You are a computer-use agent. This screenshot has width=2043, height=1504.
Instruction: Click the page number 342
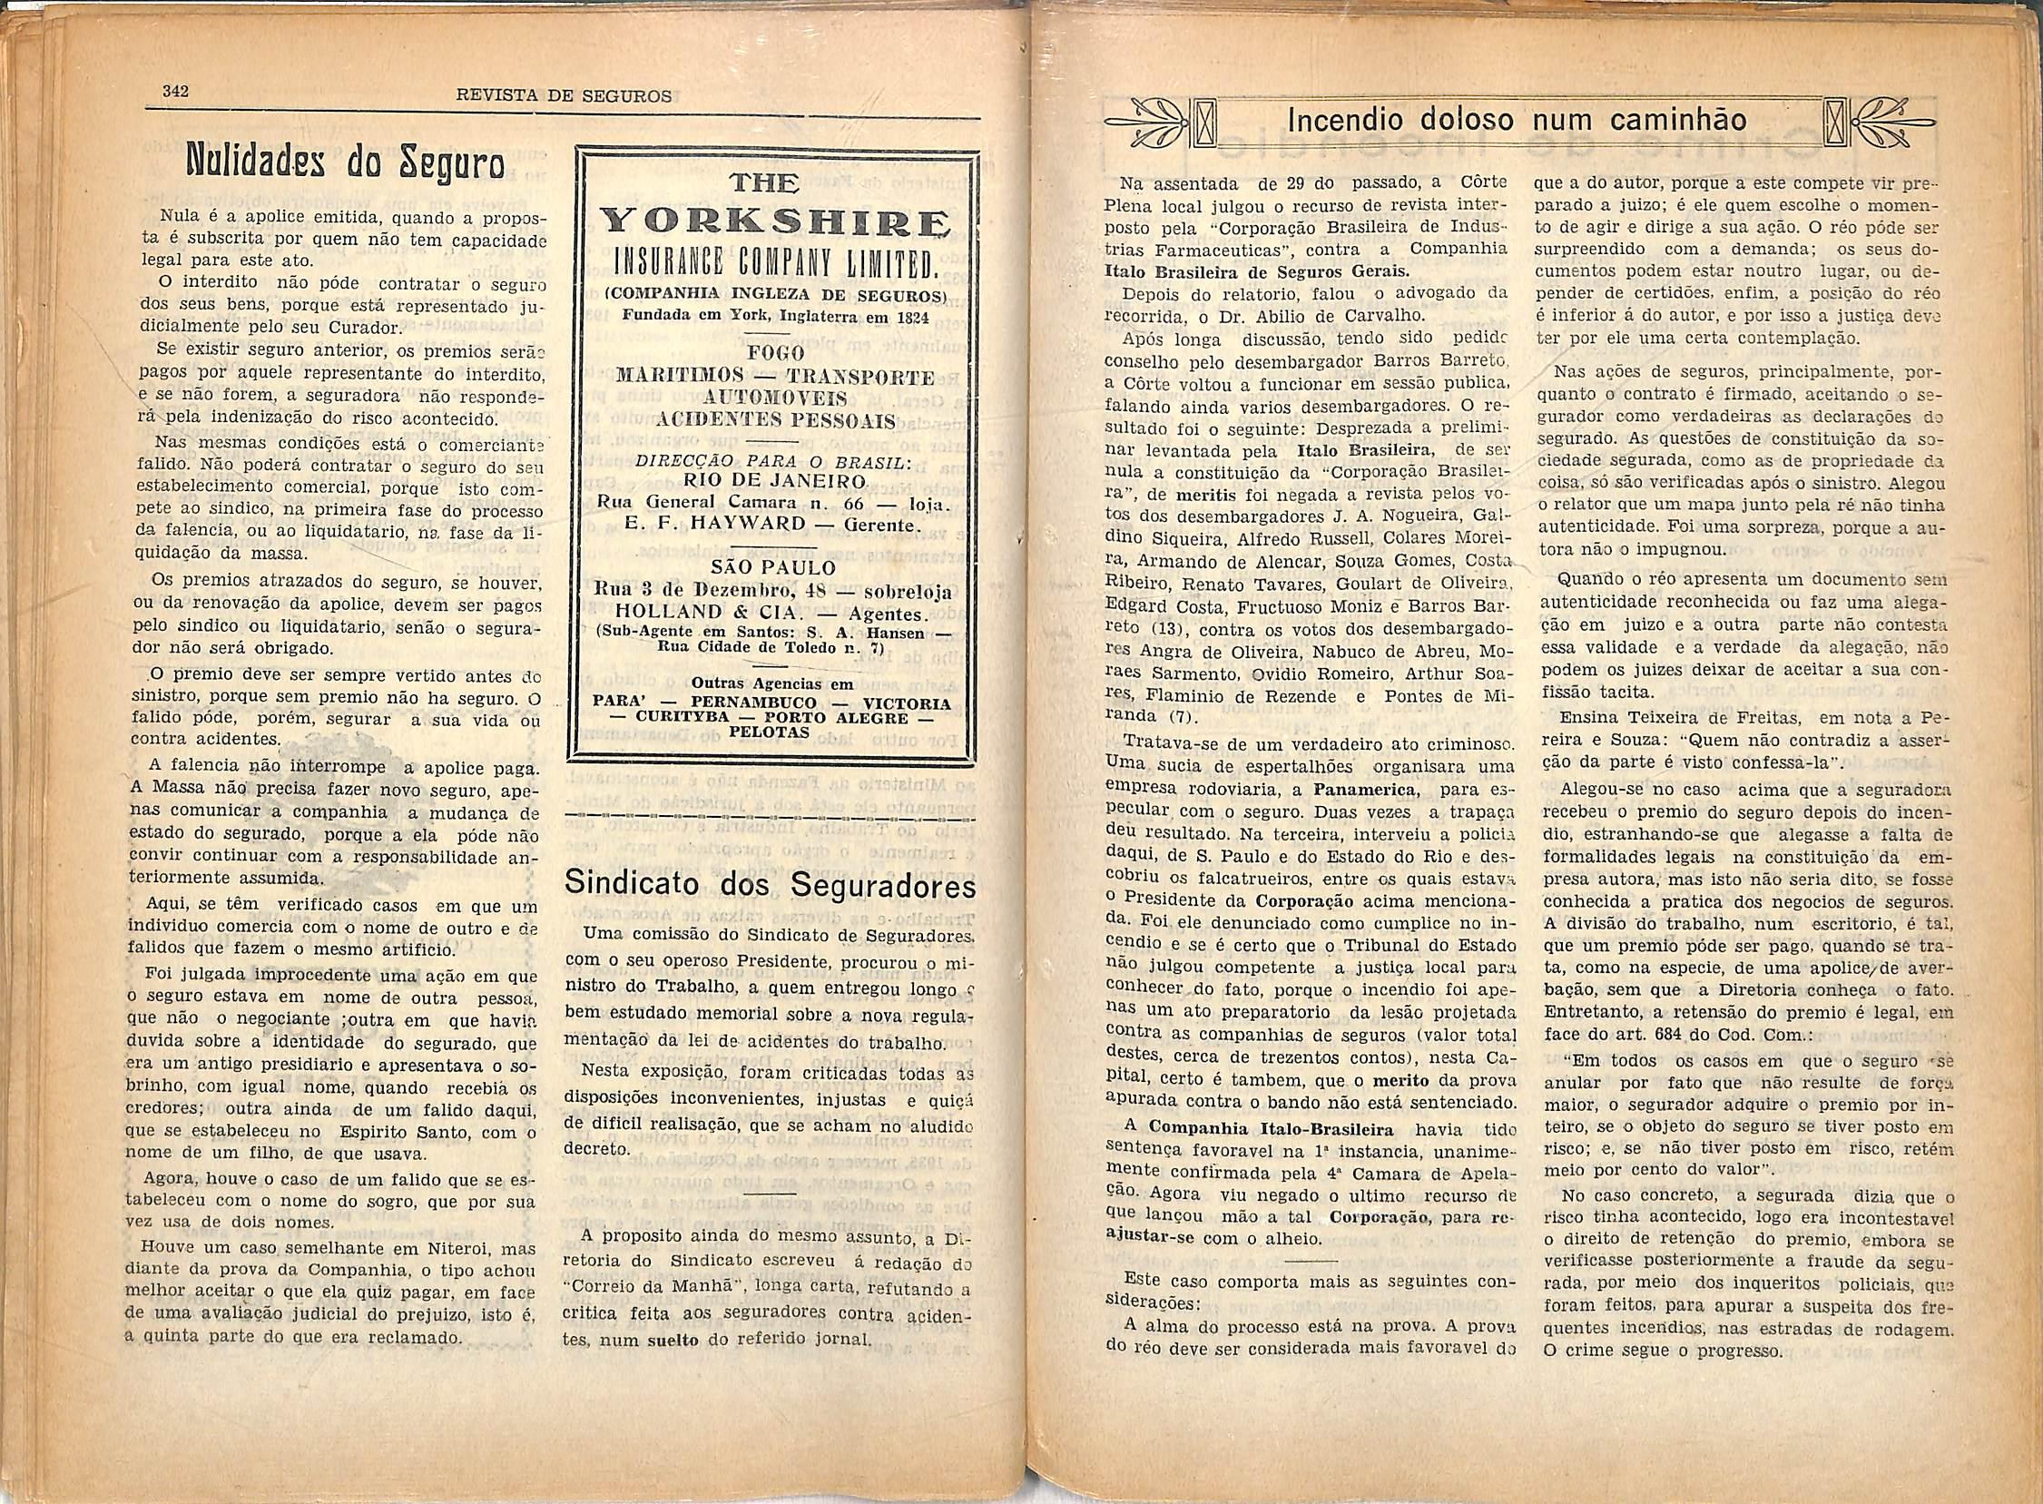pos(174,90)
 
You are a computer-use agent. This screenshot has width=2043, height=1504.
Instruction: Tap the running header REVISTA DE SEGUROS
pos(565,95)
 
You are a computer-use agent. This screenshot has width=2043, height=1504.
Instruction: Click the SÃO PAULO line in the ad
pos(774,567)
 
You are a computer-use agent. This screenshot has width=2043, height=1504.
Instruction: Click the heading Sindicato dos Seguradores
pos(771,883)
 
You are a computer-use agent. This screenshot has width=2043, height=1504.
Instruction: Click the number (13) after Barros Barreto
pos(1173,629)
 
